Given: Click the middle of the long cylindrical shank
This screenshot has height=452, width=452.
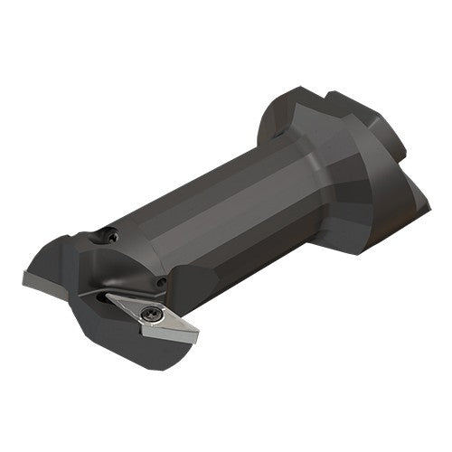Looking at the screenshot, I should click(x=217, y=217).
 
